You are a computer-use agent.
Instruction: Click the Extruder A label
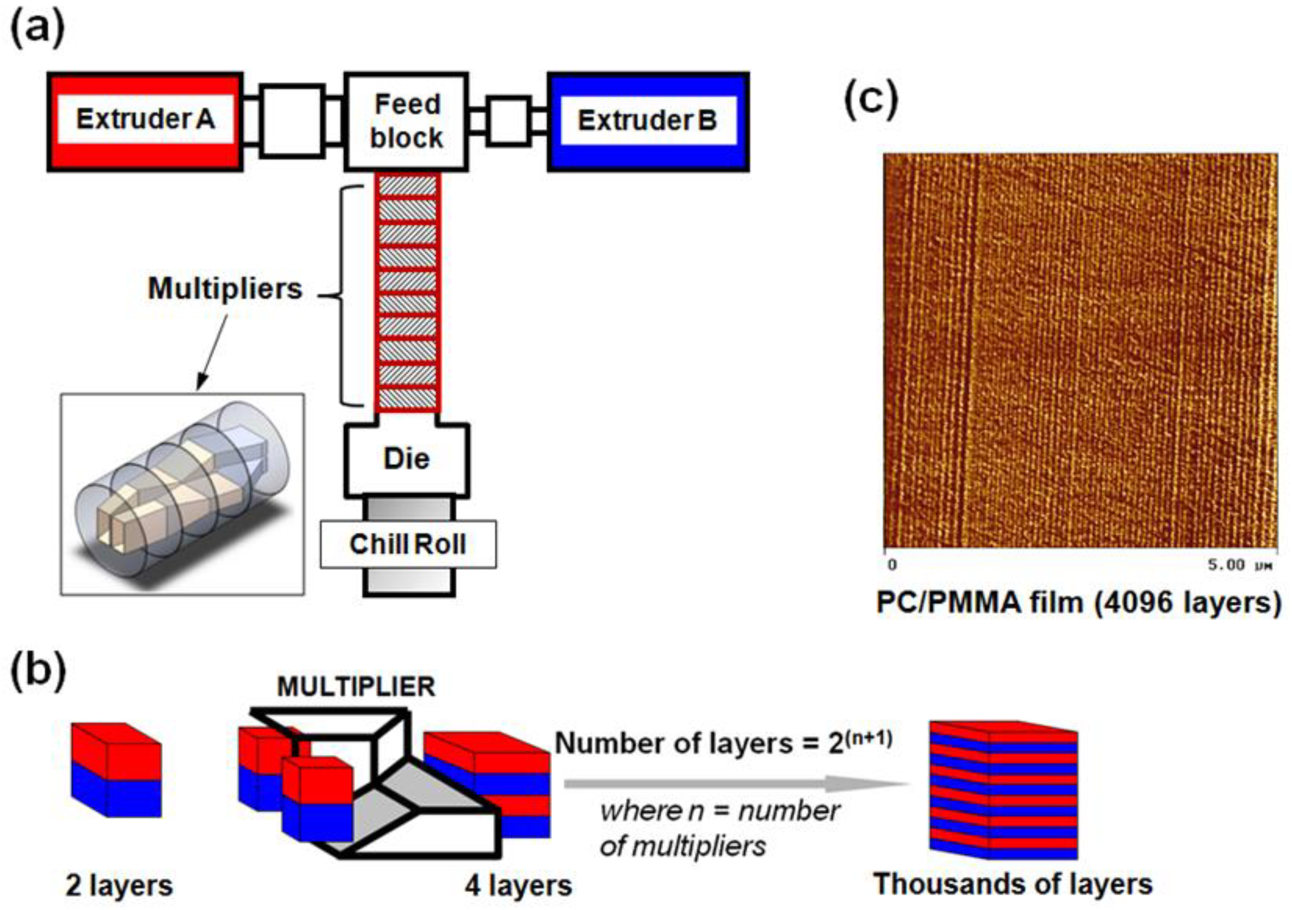pyautogui.click(x=145, y=119)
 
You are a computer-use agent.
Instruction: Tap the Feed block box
pyautogui.click(x=406, y=121)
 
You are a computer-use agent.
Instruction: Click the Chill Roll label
pyautogui.click(x=408, y=544)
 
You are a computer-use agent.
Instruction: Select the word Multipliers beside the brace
pyautogui.click(x=225, y=289)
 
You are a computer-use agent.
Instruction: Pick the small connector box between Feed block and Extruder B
pyautogui.click(x=509, y=121)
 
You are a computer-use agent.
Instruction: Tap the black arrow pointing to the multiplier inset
pyautogui.click(x=213, y=352)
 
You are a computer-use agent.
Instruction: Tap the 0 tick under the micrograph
pyautogui.click(x=892, y=565)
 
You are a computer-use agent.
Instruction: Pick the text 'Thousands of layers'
pyautogui.click(x=1013, y=885)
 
